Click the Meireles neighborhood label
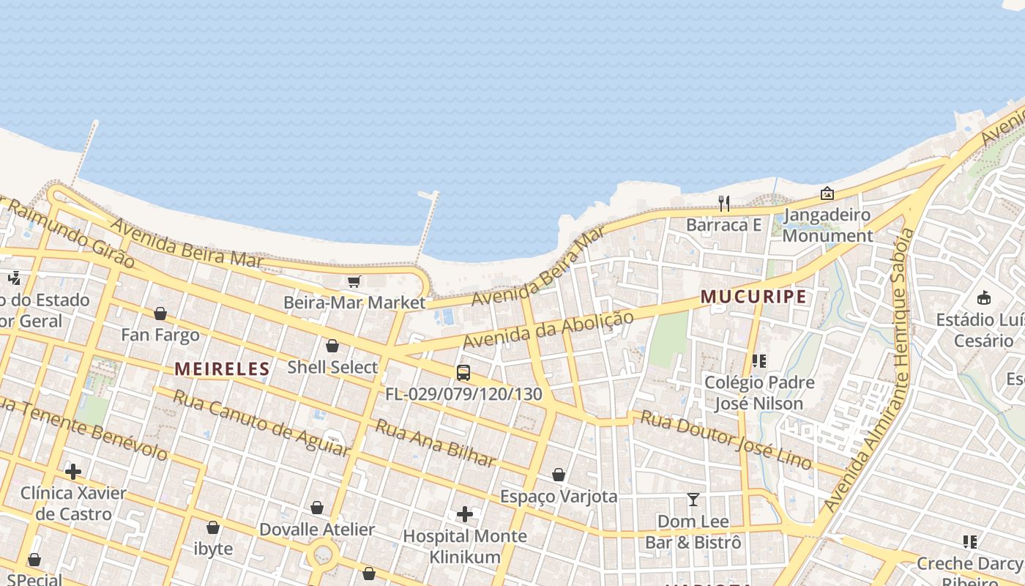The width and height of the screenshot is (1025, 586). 222,368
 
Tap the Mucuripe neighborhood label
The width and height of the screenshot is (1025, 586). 753,297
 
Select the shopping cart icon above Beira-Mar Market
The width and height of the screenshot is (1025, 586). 354,281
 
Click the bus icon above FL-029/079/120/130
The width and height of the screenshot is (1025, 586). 463,373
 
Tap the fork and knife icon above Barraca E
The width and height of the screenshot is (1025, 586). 723,203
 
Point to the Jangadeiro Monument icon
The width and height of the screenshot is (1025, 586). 827,193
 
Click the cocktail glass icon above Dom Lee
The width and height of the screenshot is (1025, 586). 693,500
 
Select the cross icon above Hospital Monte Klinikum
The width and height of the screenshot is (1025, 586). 464,514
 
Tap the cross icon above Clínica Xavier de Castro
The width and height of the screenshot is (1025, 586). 73,471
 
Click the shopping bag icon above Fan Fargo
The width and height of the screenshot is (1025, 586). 160,314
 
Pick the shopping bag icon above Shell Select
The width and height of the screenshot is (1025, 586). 332,346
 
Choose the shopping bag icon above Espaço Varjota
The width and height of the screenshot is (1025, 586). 559,475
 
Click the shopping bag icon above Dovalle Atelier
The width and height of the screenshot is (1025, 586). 317,508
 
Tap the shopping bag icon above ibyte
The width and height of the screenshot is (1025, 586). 213,527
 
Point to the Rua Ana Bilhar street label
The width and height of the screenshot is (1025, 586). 436,442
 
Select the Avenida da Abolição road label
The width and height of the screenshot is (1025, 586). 548,330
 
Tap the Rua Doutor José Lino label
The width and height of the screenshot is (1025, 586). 726,439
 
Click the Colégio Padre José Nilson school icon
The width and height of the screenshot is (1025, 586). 758,361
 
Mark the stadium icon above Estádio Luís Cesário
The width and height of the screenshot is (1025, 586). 984,298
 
